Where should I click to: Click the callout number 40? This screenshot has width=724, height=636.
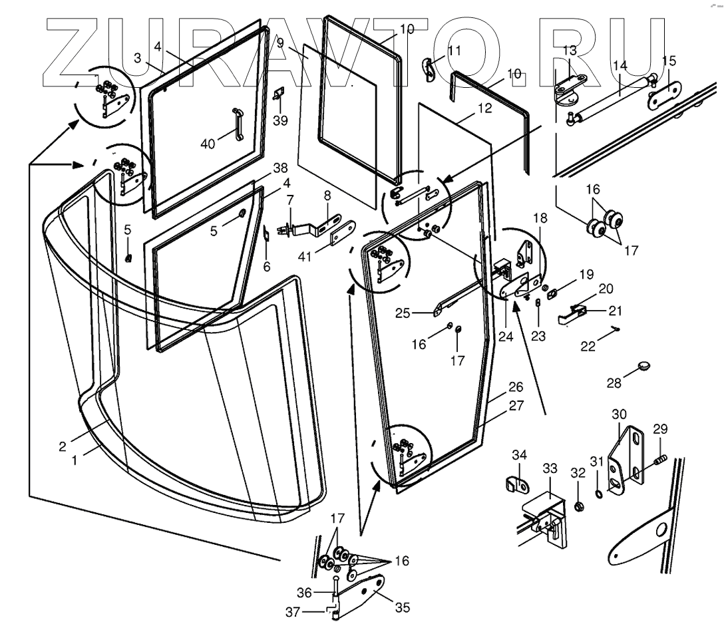208,144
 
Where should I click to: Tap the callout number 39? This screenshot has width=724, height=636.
280,120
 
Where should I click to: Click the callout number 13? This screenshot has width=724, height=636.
570,50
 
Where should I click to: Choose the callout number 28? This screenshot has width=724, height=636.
614,383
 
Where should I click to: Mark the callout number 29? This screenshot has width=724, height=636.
660,429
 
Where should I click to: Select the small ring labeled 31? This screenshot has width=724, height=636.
598,495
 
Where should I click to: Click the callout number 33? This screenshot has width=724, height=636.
550,468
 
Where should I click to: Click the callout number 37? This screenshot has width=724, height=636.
293,612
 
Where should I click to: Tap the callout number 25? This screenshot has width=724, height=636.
403,313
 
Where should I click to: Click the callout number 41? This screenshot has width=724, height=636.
304,256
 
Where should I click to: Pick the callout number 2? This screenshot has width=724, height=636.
63,446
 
